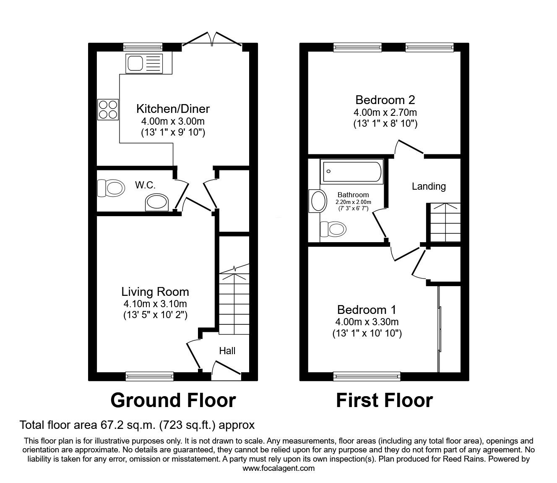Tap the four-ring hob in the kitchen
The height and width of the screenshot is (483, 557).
(x=108, y=109)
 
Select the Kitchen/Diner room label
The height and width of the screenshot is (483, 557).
(x=173, y=109)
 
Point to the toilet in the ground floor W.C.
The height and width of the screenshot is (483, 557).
(x=111, y=188)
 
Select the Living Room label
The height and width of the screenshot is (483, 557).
(x=155, y=292)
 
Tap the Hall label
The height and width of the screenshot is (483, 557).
(x=227, y=351)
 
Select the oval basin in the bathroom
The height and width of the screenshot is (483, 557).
(x=318, y=201)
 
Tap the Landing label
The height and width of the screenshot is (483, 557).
(x=428, y=186)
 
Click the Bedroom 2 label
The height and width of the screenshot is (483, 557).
(x=385, y=100)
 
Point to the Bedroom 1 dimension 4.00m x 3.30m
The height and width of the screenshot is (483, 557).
(x=367, y=322)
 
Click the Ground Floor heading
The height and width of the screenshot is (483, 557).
(x=173, y=400)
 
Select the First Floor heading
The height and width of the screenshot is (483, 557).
(x=384, y=400)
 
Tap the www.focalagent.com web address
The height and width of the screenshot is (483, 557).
(x=278, y=468)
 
